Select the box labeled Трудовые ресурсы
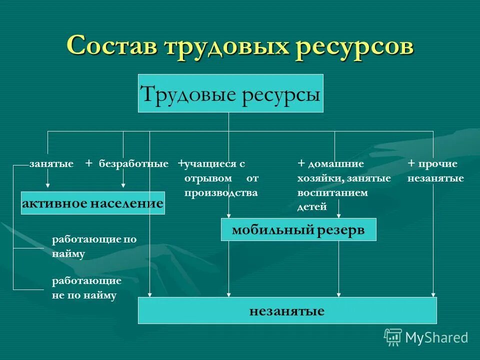pos(230,93)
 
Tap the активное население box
pos(93,202)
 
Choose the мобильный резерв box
pos(298,229)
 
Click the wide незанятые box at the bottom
pos(287,310)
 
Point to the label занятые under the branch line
pos(51,163)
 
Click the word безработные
pos(133,163)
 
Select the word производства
pos(221,192)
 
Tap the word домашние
pos(335,163)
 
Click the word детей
pos(311,206)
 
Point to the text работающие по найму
pos(94,246)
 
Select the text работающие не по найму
pos(86,288)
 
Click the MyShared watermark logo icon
pos(393,337)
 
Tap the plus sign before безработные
pos(88,163)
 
